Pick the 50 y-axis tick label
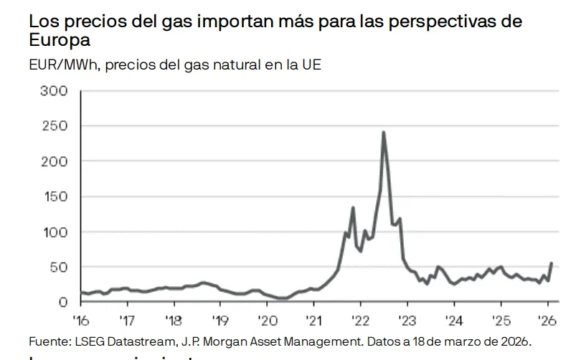[x=60, y=267]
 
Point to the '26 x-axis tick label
[x=546, y=319]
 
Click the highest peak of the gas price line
[x=384, y=133]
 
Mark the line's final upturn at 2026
[x=551, y=264]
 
